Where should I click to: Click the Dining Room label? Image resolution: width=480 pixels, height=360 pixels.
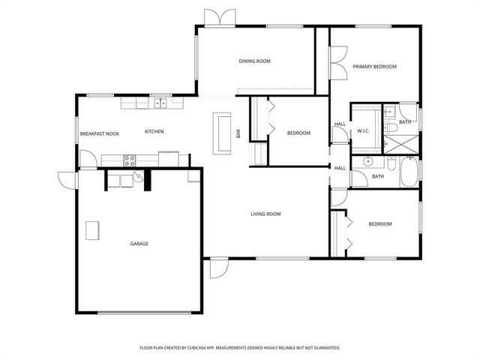(255, 61)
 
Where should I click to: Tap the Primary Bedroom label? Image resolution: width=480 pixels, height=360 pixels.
(375, 67)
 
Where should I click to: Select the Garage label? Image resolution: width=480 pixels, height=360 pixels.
(139, 244)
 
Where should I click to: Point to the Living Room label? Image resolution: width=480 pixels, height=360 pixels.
(265, 214)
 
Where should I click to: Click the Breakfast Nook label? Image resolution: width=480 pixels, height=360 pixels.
(100, 133)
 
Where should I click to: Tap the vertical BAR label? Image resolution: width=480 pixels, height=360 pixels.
(238, 133)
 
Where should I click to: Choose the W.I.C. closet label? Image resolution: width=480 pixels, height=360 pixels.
(364, 131)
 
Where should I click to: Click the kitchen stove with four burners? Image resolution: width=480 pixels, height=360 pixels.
(130, 160)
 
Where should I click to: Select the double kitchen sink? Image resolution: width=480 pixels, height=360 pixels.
(160, 103)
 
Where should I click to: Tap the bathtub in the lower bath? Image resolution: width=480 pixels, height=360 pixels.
(409, 172)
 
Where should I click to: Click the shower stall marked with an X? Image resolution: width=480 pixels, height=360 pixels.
(401, 145)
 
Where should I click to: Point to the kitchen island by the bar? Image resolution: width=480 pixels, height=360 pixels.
(222, 133)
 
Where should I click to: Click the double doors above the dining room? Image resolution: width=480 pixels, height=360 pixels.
(220, 18)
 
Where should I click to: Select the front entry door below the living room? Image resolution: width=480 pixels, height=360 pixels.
(219, 268)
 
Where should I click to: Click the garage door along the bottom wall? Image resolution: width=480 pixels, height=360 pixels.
(144, 313)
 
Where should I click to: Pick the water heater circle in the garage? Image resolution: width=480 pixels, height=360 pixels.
(139, 175)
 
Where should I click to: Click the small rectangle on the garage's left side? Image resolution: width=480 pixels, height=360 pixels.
(92, 230)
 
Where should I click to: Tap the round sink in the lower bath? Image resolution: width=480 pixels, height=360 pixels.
(367, 161)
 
